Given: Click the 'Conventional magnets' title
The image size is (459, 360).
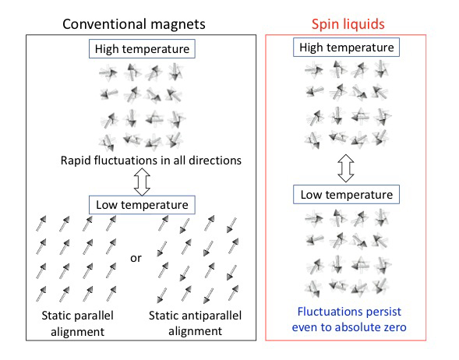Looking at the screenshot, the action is [x=134, y=24].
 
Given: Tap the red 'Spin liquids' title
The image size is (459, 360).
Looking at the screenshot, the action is [x=348, y=24].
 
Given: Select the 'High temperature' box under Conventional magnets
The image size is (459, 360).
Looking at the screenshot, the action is [x=142, y=49].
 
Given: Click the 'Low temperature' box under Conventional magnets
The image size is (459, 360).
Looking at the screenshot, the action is [x=142, y=205].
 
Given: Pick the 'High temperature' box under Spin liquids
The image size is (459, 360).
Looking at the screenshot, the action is [x=346, y=47].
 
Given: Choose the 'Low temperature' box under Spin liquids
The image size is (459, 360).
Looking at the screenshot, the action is [x=346, y=194].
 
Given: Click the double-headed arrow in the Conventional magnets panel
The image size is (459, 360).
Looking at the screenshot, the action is [x=142, y=182].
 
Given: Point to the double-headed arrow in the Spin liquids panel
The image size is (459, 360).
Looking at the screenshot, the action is [x=346, y=168].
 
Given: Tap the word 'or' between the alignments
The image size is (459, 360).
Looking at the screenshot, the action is [x=136, y=258].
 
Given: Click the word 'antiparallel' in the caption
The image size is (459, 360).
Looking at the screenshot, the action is [x=211, y=316].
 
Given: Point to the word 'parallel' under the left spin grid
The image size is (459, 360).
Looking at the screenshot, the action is [x=94, y=316].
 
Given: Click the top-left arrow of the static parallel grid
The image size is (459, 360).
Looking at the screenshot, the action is [x=41, y=224].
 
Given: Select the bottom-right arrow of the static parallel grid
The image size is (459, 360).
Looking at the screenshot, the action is [x=111, y=294].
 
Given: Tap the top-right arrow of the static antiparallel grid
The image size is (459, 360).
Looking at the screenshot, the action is [x=232, y=225].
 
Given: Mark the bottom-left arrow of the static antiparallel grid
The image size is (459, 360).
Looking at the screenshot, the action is [x=162, y=295].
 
